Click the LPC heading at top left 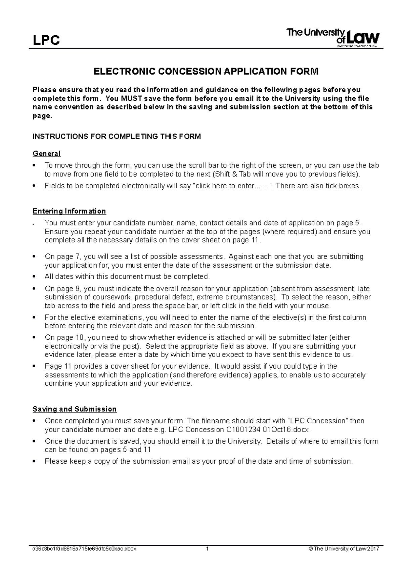pos(46,41)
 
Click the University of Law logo pos(332,38)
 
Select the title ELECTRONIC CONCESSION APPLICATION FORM pos(205,72)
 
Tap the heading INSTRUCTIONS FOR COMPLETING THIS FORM pos(117,137)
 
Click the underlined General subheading pos(47,154)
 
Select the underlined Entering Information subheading pos(69,211)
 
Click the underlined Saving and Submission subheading pos(75,409)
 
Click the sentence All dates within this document pos(127,277)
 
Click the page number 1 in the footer pos(208,549)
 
